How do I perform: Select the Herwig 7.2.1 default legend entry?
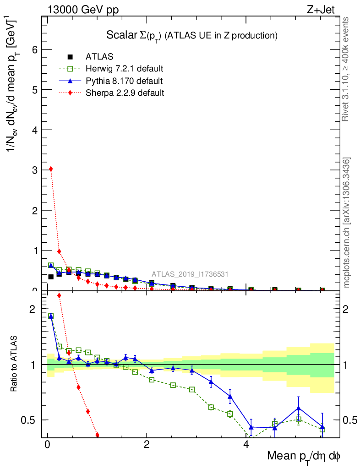click(x=124, y=69)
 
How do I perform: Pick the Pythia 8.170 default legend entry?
click(x=124, y=81)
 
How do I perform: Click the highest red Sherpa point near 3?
click(x=51, y=169)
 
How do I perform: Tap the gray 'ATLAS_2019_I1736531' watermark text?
click(x=190, y=274)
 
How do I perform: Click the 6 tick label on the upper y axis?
click(x=33, y=49)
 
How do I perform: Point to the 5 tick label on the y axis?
click(x=33, y=90)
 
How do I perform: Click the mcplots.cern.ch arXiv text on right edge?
click(x=347, y=223)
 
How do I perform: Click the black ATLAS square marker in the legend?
click(x=70, y=57)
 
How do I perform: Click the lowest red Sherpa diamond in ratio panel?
click(x=97, y=435)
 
